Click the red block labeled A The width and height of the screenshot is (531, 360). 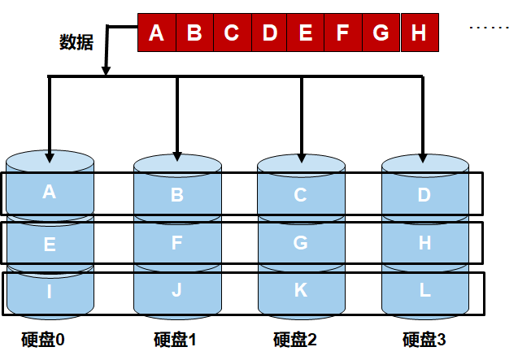[x=157, y=33]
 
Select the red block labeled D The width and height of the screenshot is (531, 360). [x=270, y=33]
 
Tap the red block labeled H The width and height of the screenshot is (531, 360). [x=419, y=33]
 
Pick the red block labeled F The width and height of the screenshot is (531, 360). [x=342, y=33]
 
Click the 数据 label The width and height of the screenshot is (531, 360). [x=76, y=42]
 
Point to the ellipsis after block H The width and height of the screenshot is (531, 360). [x=489, y=28]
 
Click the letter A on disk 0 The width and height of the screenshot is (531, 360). [x=49, y=192]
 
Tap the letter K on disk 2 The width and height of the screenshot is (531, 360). [x=300, y=288]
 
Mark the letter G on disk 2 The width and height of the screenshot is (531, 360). [x=300, y=242]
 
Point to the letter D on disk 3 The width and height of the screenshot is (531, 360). [x=424, y=195]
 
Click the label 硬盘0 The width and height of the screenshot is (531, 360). [x=43, y=339]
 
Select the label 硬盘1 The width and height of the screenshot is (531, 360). [x=175, y=340]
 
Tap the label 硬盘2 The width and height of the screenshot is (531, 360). [x=294, y=340]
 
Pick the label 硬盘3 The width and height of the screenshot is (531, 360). [x=424, y=340]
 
